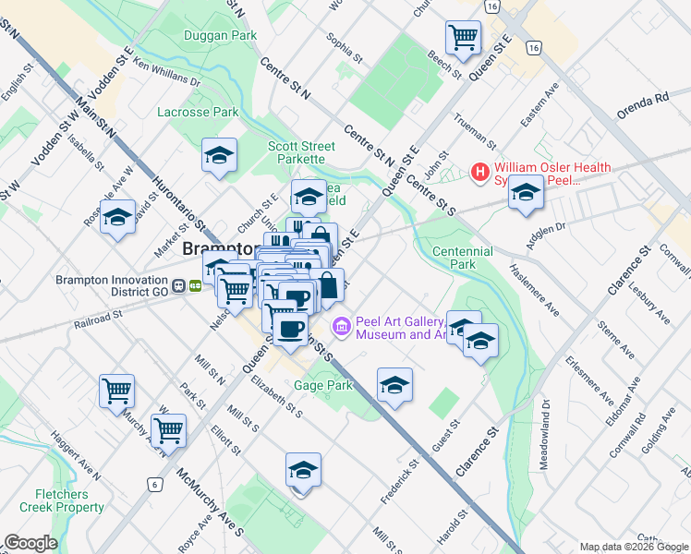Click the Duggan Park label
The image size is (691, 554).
219,35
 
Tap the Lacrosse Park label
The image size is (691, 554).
199,112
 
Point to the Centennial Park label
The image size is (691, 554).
462,258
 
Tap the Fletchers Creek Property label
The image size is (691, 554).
69,500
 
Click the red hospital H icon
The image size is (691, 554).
480,172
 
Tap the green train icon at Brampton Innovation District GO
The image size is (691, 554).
196,285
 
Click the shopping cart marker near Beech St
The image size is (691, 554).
463,38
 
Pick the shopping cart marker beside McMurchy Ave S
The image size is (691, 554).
168,429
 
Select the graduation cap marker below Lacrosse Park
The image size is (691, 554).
219,156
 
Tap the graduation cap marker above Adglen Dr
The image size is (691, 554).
526,192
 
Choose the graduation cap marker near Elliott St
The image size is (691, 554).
303,470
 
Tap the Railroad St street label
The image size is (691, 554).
100,317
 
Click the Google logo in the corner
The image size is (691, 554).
31,543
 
